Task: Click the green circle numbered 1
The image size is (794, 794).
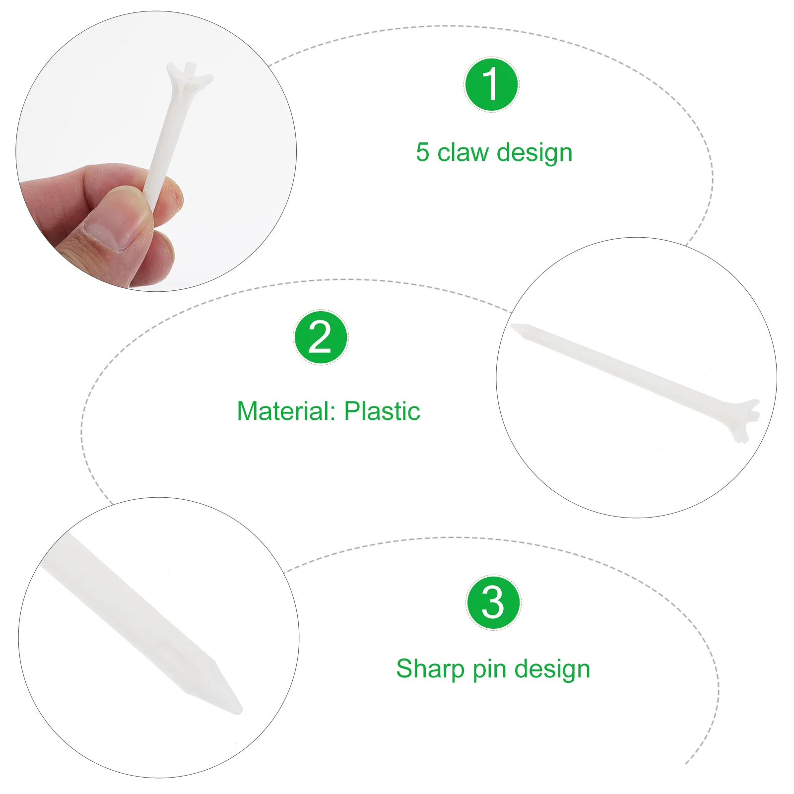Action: (491, 84)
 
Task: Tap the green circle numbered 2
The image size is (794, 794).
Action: (321, 337)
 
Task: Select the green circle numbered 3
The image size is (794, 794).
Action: (493, 603)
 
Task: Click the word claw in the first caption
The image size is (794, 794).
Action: (463, 152)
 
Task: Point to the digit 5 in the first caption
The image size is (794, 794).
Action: (422, 153)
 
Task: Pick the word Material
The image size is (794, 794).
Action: (287, 411)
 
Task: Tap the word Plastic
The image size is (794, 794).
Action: (382, 411)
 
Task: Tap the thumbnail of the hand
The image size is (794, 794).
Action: (156, 151)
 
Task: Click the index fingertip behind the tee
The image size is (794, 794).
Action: (171, 196)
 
